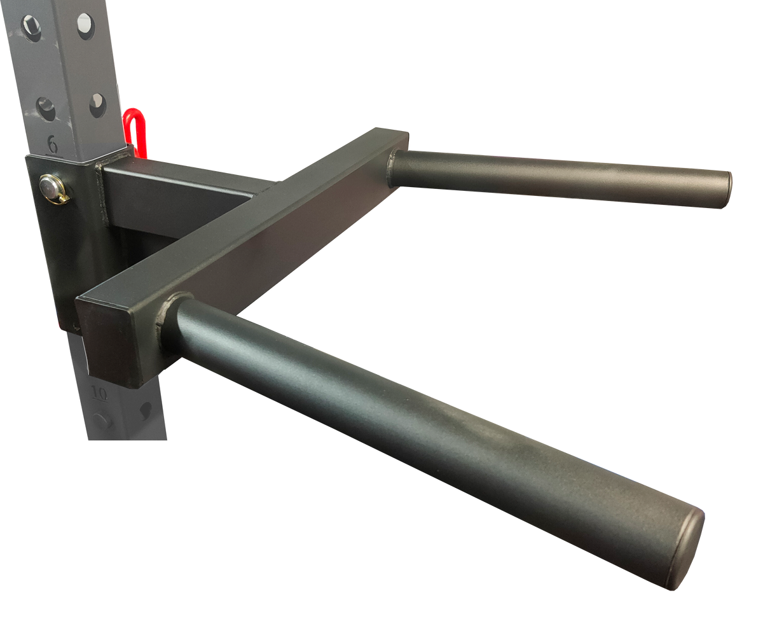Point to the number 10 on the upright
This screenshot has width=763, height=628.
(x=99, y=393)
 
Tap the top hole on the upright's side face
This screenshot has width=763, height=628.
(x=85, y=25)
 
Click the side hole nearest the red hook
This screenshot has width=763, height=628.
(x=97, y=105)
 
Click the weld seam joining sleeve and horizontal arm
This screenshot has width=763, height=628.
(x=100, y=191)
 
